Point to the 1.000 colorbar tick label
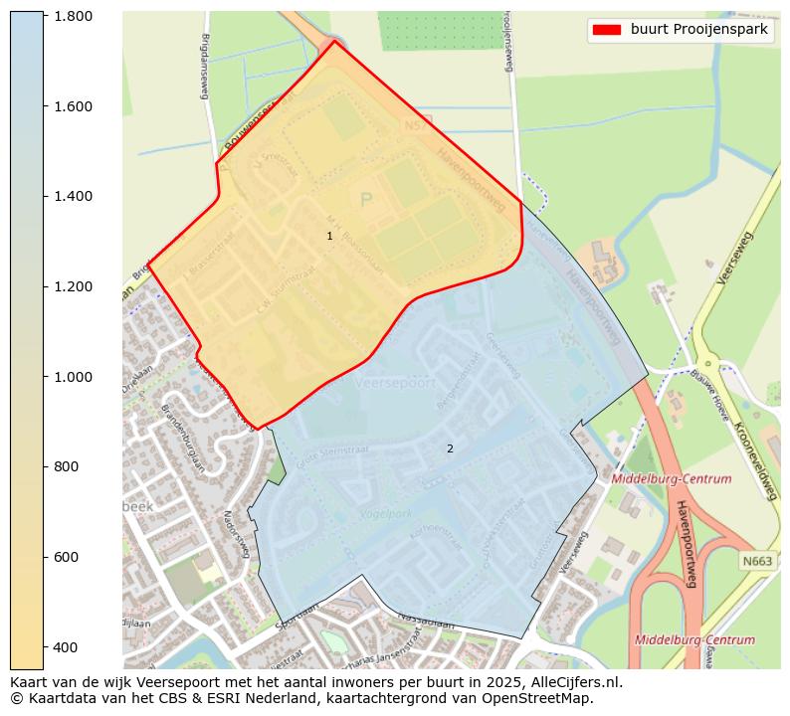73,377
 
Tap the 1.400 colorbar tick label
73,197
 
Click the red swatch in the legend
606,30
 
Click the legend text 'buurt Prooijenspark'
698,30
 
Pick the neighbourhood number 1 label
329,236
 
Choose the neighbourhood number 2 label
450,448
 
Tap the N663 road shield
756,562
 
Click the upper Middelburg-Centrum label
672,479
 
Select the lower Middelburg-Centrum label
694,639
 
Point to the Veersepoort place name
395,382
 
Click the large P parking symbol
366,200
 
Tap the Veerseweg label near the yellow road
735,258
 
